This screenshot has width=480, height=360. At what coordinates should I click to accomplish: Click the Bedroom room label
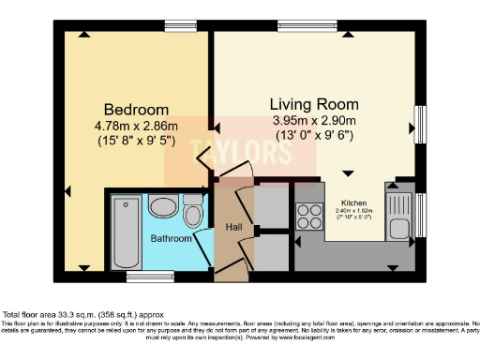point(123,108)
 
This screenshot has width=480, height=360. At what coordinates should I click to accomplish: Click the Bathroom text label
point(172,239)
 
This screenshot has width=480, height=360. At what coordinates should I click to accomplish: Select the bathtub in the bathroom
point(125,234)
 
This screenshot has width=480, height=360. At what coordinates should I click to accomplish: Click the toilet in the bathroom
point(194,212)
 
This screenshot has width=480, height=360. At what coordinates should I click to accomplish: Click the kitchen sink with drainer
point(397,216)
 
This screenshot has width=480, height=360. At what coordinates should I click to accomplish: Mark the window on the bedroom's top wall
point(173,25)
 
